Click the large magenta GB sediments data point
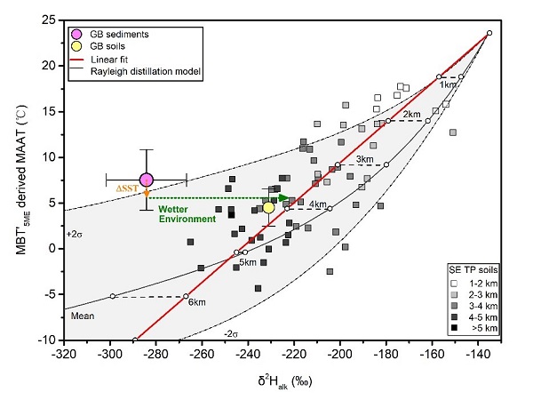click(x=147, y=180)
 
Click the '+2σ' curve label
click(x=76, y=235)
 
